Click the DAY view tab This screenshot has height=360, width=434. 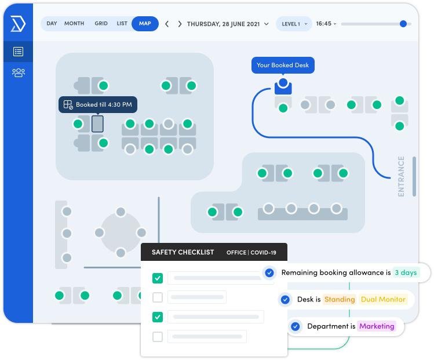52,24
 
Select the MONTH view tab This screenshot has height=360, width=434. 74,24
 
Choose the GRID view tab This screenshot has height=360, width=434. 101,24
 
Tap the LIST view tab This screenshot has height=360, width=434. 122,24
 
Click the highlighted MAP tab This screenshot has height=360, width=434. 145,24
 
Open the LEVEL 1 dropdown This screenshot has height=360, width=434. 294,24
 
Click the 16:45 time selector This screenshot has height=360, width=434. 326,24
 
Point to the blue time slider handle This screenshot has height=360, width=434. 403,24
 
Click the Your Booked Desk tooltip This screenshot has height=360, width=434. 283,66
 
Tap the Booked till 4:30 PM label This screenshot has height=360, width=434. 98,105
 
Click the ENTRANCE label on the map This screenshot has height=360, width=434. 401,176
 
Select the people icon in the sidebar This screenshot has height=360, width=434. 18,72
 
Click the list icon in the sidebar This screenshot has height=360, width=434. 18,52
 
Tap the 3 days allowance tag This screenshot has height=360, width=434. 406,272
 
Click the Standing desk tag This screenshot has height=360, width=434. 340,300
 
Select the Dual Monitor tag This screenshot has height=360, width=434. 384,300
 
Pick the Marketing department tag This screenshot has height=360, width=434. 377,326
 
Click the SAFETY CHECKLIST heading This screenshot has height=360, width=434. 183,252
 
